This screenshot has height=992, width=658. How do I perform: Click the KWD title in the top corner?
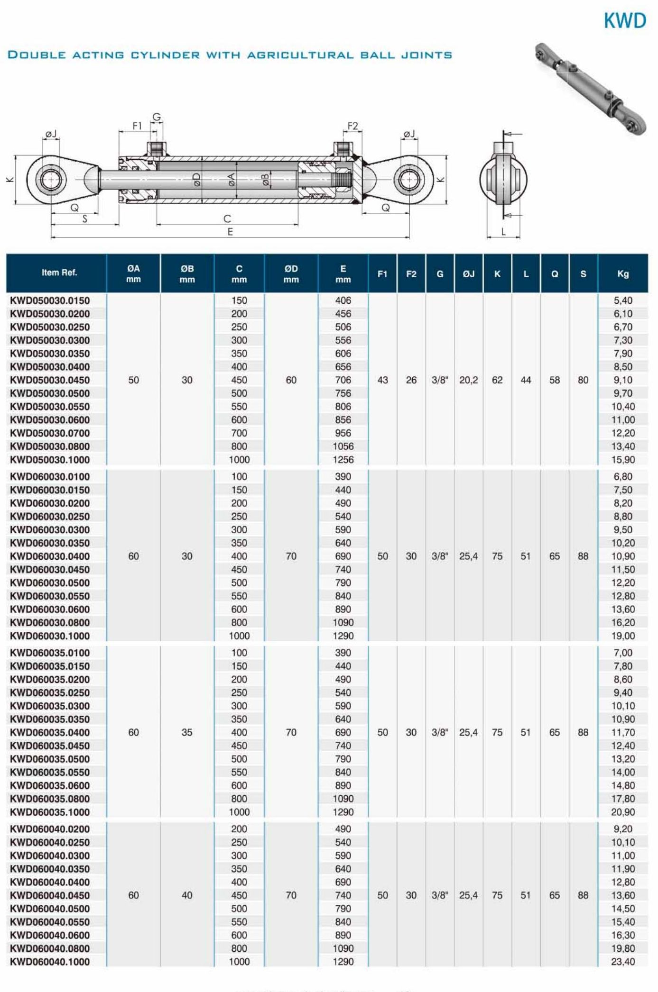tap(624, 21)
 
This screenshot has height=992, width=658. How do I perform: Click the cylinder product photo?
tap(590, 89)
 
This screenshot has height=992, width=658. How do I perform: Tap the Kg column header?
tap(622, 273)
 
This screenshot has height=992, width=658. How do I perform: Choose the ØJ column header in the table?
tap(468, 273)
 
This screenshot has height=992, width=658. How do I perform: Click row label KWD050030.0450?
tap(50, 380)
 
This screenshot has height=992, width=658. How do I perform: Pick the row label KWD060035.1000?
tap(50, 812)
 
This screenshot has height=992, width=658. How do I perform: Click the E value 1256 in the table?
tap(343, 459)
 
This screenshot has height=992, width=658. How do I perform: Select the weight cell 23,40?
tap(622, 962)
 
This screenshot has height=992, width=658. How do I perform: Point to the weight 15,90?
tap(622, 459)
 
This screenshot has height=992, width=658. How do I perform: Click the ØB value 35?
tap(187, 732)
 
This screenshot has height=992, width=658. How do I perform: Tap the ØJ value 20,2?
tap(468, 380)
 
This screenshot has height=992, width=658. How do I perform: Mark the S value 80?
tap(583, 380)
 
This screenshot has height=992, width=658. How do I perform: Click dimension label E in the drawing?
tap(230, 232)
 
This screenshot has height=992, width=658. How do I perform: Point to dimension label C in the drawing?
tap(227, 218)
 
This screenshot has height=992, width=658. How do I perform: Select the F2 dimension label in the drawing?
tap(352, 126)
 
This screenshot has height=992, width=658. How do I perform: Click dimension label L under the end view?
tap(503, 232)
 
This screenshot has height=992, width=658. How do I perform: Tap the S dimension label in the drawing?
tap(85, 219)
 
